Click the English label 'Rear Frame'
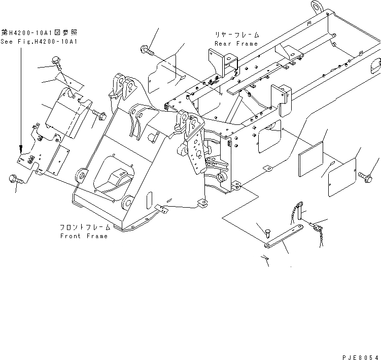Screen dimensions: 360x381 pos(236,44)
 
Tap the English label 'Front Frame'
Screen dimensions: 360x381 pos(84,236)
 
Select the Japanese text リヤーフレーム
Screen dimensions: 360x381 pos(236,35)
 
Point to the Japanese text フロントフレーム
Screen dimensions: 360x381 pos(85,228)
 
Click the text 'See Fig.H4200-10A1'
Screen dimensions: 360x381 pos(40,42)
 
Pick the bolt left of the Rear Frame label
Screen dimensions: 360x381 pos(144,50)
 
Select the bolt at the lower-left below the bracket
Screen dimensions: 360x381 pos(13,179)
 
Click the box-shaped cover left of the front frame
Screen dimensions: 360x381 pos(66,117)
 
